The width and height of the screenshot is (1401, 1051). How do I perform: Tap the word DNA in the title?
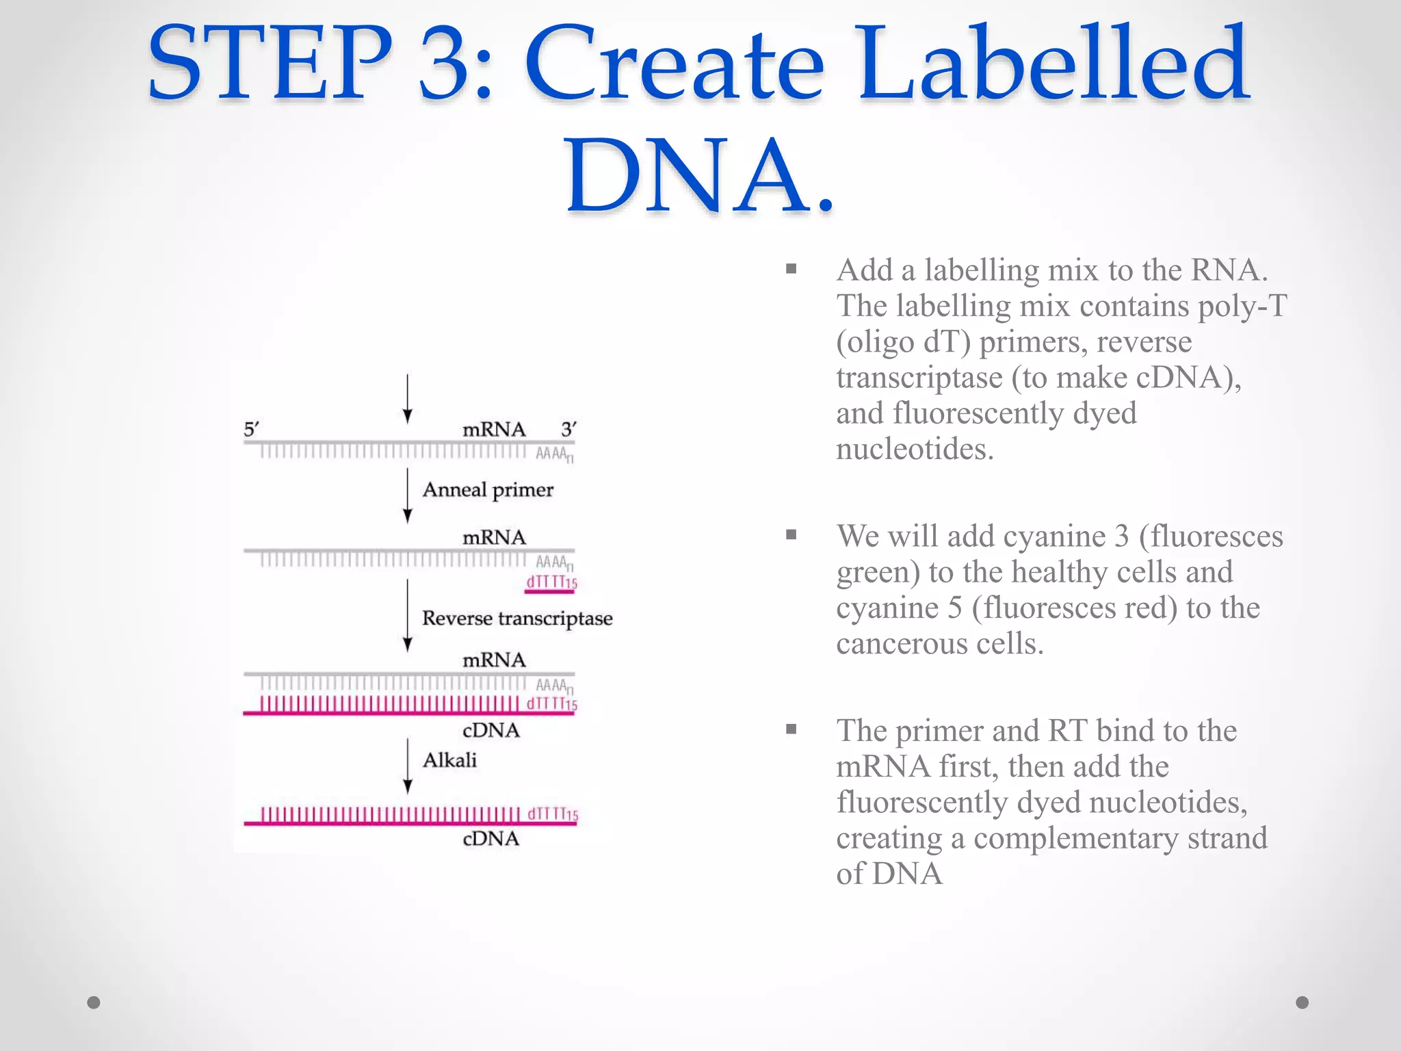pyautogui.click(x=683, y=176)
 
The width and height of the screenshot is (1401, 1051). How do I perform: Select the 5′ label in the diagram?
pyautogui.click(x=251, y=430)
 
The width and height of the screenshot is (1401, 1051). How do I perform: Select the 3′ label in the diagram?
pyautogui.click(x=568, y=430)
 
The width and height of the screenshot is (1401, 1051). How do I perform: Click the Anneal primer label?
pyautogui.click(x=487, y=490)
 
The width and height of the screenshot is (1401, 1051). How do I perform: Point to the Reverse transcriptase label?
pyautogui.click(x=517, y=619)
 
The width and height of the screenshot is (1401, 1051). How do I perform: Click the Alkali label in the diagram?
pyautogui.click(x=449, y=760)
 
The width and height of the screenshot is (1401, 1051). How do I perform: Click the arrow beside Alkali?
pyautogui.click(x=408, y=765)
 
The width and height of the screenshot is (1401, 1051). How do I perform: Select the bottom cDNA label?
pyautogui.click(x=491, y=839)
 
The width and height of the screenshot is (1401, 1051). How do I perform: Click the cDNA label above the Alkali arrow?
pyautogui.click(x=491, y=731)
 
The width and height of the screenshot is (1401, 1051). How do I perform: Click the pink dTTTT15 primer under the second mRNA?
pyautogui.click(x=551, y=583)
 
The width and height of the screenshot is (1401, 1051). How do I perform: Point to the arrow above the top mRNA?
pyautogui.click(x=408, y=399)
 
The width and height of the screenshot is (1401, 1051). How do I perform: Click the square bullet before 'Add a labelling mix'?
pyautogui.click(x=791, y=269)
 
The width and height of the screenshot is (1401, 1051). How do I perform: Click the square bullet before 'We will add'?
pyautogui.click(x=791, y=535)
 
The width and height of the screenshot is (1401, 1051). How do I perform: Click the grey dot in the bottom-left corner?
pyautogui.click(x=94, y=1002)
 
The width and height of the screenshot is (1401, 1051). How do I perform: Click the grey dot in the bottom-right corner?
pyautogui.click(x=1302, y=1002)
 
